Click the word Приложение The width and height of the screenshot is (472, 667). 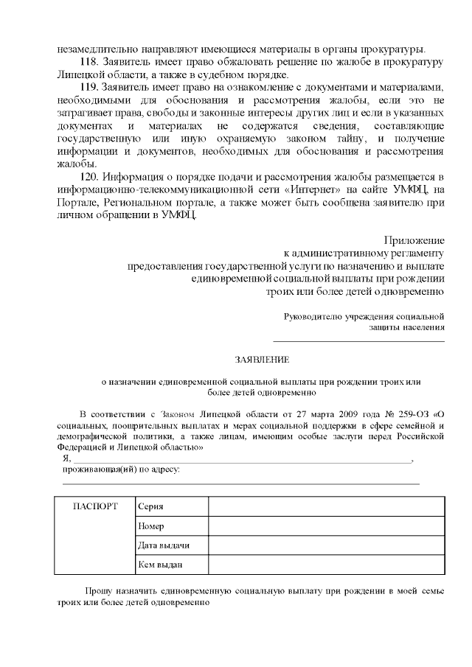(414, 240)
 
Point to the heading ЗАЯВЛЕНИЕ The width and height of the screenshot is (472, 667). (262, 360)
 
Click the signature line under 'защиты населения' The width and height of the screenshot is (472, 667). (359, 341)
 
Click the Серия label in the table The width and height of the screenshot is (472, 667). (150, 507)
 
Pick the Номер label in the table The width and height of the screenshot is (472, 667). (150, 526)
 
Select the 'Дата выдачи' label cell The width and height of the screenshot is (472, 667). (164, 545)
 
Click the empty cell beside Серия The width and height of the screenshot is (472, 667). (326, 507)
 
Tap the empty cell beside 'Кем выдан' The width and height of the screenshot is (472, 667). (326, 565)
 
